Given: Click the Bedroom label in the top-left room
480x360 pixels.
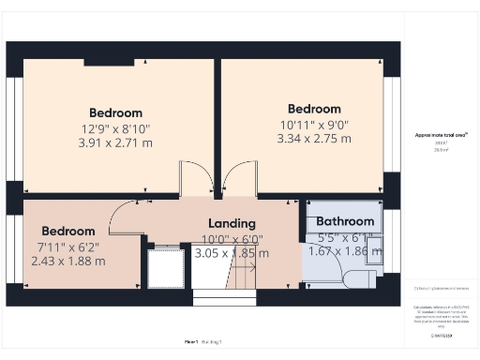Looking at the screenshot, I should coord(115,112).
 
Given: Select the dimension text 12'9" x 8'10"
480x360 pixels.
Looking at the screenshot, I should coord(115,128).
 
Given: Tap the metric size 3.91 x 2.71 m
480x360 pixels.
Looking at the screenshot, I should coord(115,143).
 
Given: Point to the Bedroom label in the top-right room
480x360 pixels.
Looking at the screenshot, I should coord(313,107).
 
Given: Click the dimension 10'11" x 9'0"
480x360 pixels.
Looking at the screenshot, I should coord(313,124).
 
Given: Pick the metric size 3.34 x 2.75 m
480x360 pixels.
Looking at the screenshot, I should coord(313,139).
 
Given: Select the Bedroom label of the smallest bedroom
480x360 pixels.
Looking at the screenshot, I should coord(67,232).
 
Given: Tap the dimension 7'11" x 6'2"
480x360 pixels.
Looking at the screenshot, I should coord(67,247).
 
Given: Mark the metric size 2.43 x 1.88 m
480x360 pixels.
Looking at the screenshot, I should coord(67,262).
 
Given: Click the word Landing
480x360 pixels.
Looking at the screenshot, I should coord(232,224).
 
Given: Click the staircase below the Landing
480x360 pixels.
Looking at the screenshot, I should coord(243,277).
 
